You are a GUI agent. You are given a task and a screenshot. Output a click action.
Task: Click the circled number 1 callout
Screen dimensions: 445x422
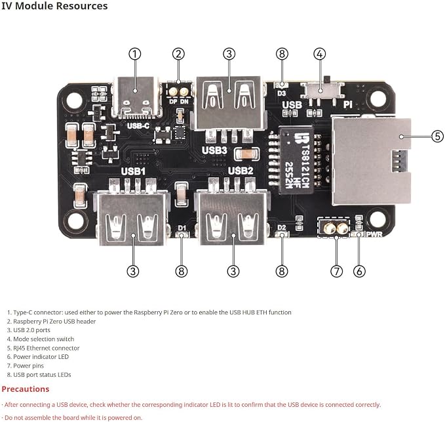tap(135, 54)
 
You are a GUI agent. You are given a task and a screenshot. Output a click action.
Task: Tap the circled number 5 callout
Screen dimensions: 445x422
tap(437, 137)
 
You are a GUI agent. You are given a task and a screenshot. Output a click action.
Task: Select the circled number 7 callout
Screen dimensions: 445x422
tap(337, 271)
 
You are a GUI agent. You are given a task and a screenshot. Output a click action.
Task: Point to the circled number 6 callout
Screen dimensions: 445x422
tap(359, 271)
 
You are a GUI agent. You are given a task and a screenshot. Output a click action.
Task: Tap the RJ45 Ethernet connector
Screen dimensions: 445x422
tap(372, 161)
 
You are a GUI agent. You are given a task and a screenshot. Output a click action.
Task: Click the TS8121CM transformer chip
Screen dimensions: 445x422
tap(297, 160)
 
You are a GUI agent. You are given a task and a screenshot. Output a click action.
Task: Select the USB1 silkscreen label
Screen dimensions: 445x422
tap(133, 171)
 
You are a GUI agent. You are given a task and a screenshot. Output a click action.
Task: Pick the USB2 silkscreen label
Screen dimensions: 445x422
tap(241, 171)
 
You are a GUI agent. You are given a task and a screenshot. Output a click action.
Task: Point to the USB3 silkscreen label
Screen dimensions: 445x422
tap(214, 150)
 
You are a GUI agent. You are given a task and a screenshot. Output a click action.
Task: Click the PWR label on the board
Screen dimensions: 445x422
tap(374, 234)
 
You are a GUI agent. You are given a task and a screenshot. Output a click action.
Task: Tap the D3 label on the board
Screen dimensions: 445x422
tap(282, 93)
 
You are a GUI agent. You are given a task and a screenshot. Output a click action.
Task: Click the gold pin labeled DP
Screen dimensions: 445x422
tap(173, 92)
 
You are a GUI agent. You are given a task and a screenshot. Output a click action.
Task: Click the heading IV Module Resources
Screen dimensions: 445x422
tap(54, 6)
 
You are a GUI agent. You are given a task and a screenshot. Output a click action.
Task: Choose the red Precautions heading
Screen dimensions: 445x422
tap(26, 389)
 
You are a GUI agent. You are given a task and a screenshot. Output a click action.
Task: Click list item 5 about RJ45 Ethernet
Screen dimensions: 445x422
tap(43, 348)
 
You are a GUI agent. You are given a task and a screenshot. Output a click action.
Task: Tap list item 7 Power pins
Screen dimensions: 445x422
tap(26, 366)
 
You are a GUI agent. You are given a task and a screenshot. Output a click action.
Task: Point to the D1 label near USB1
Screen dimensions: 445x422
tap(182, 228)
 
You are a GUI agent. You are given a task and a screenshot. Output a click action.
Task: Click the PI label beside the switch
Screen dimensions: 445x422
tap(347, 104)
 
